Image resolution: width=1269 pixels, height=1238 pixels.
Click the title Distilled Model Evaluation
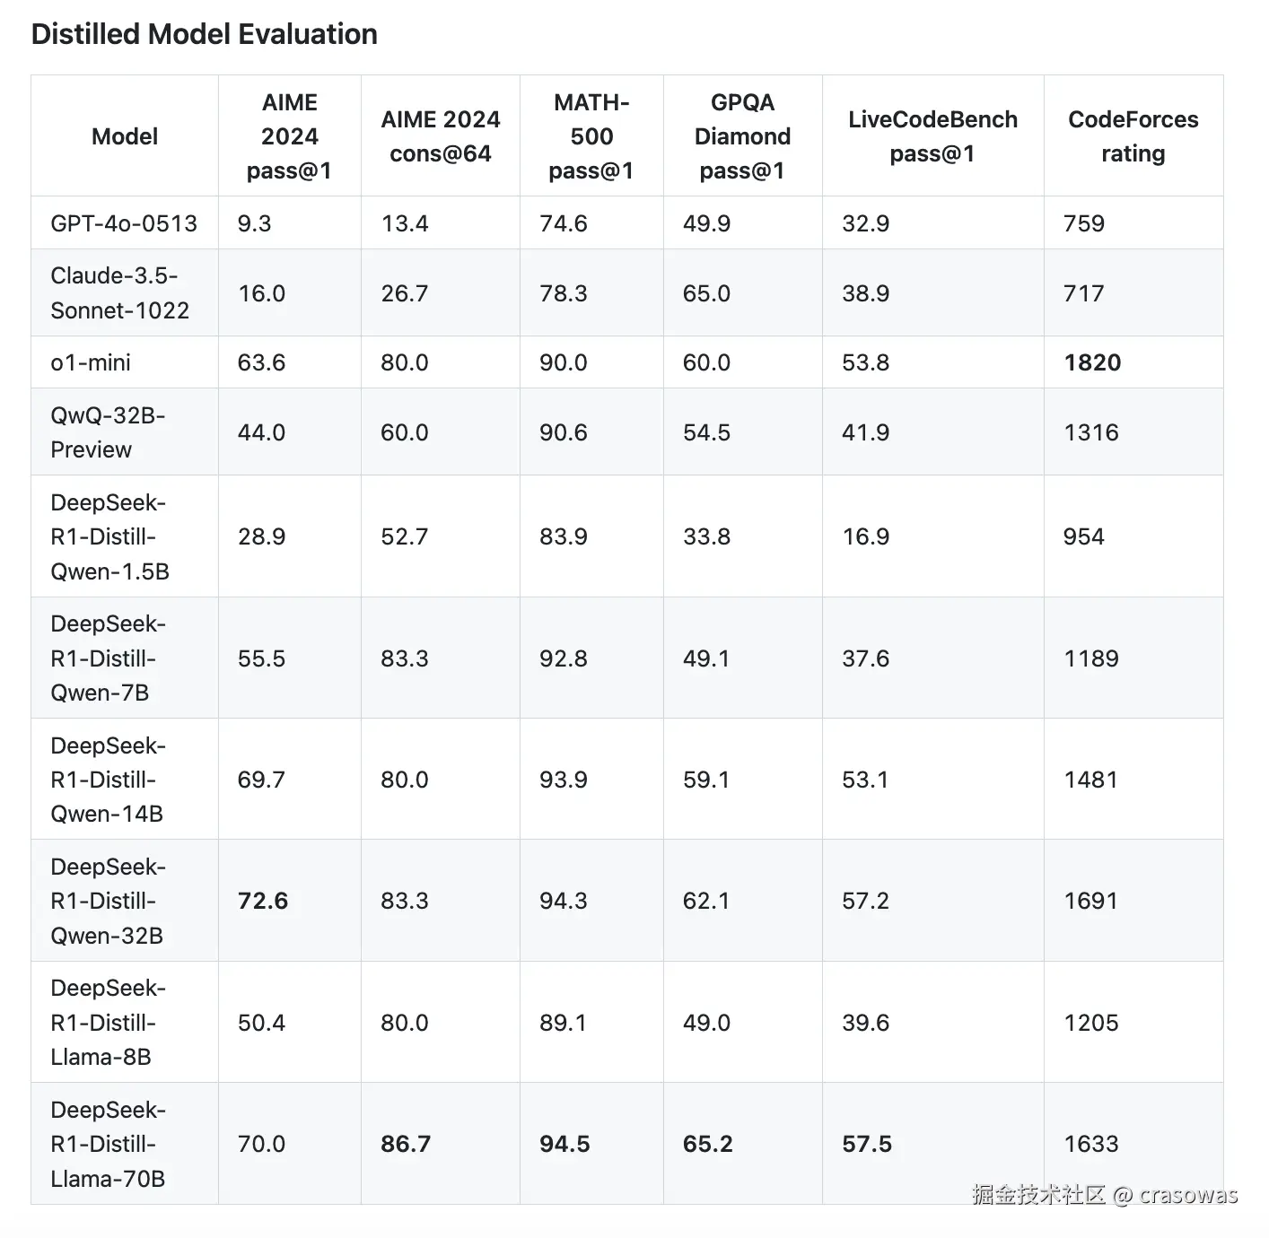204,34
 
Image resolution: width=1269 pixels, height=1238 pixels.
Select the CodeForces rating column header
1133,136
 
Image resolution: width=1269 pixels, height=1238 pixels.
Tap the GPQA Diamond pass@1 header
742,136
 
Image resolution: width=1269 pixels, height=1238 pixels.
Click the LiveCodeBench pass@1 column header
932,136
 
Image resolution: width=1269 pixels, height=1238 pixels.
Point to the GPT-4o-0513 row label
124,223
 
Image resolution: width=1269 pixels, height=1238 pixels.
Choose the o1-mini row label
91,362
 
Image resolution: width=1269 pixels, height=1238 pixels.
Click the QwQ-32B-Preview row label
108,432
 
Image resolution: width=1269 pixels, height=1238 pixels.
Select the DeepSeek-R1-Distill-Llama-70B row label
108,1144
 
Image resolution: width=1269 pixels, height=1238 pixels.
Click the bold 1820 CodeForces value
1092,362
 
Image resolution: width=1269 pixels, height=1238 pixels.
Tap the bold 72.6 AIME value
263,901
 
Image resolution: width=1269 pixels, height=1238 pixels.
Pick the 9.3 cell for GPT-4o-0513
254,223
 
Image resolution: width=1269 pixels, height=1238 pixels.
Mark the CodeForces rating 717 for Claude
1083,293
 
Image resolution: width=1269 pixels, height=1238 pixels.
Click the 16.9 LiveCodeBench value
865,536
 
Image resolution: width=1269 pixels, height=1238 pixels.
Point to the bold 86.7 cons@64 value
406,1144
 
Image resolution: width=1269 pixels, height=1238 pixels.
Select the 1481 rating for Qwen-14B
1090,780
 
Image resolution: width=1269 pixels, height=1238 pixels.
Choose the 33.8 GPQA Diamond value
706,536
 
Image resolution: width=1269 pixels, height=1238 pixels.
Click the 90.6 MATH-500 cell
564,432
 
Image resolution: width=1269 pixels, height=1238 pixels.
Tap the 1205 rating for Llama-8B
1090,1023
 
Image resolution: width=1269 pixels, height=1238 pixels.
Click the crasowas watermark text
1188,1195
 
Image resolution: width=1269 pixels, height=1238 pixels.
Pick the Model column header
125,136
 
